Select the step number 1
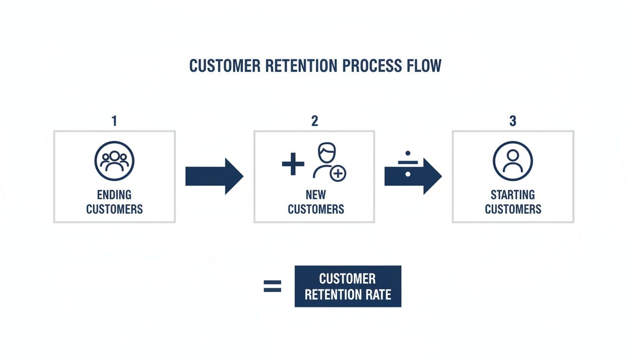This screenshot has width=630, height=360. [x=114, y=121]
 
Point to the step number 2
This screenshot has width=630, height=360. [x=315, y=121]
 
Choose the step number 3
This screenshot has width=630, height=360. [x=512, y=121]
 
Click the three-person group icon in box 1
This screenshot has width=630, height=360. [x=114, y=161]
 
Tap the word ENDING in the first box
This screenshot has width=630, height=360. [x=114, y=195]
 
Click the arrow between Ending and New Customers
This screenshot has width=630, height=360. [x=214, y=176]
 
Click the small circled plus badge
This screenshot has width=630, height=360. [x=338, y=174]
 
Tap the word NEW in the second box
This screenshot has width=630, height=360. [x=315, y=195]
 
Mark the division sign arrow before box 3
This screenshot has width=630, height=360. [x=412, y=176]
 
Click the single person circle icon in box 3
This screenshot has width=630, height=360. [x=513, y=161]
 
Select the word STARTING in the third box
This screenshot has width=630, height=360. [x=513, y=195]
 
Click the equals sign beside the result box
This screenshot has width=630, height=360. [x=272, y=286]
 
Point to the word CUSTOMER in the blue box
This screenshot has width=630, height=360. [x=347, y=279]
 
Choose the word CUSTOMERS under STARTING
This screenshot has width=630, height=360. [x=513, y=209]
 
